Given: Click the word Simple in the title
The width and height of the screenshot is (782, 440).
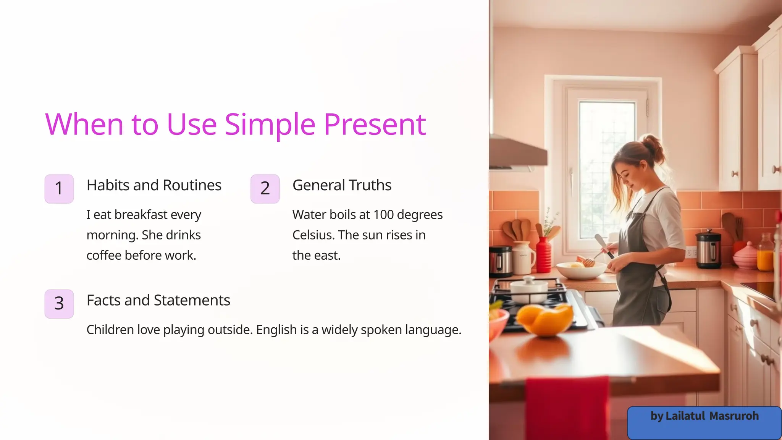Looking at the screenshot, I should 270,125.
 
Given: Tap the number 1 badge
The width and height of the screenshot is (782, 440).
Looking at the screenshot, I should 59,189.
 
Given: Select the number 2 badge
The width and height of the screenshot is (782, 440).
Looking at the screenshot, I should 265,189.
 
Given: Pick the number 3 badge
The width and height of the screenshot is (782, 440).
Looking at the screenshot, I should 59,304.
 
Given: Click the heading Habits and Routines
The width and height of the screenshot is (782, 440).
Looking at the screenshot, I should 154,185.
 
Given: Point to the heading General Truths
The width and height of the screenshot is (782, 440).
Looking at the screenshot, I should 342,185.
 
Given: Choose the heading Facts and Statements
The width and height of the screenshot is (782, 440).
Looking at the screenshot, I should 158,301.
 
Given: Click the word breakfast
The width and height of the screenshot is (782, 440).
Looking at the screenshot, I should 141,215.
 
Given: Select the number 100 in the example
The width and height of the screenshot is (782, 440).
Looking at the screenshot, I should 383,215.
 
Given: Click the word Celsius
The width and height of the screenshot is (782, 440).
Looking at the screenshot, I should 313,235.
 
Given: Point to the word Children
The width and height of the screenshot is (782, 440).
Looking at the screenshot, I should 110,330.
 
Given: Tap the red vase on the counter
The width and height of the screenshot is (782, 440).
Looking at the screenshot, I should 543,255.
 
